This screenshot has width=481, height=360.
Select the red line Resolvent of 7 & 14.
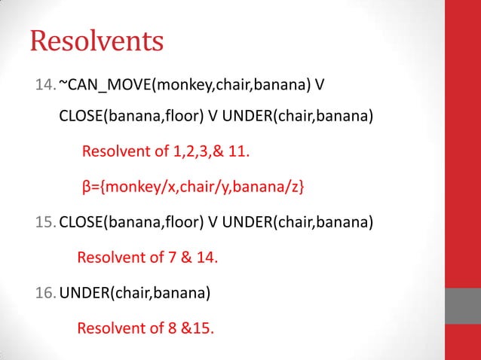[x=148, y=258]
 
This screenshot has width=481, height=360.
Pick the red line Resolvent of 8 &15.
[x=146, y=328]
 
